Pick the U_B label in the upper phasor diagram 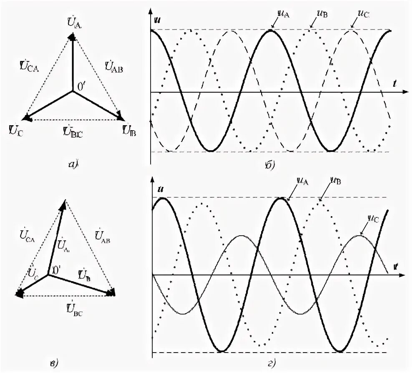pyautogui.click(x=130, y=131)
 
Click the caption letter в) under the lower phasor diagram pyautogui.click(x=54, y=363)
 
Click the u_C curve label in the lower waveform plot pyautogui.click(x=373, y=217)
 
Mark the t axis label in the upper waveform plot pyautogui.click(x=393, y=83)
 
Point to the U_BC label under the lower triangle pyautogui.click(x=74, y=310)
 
